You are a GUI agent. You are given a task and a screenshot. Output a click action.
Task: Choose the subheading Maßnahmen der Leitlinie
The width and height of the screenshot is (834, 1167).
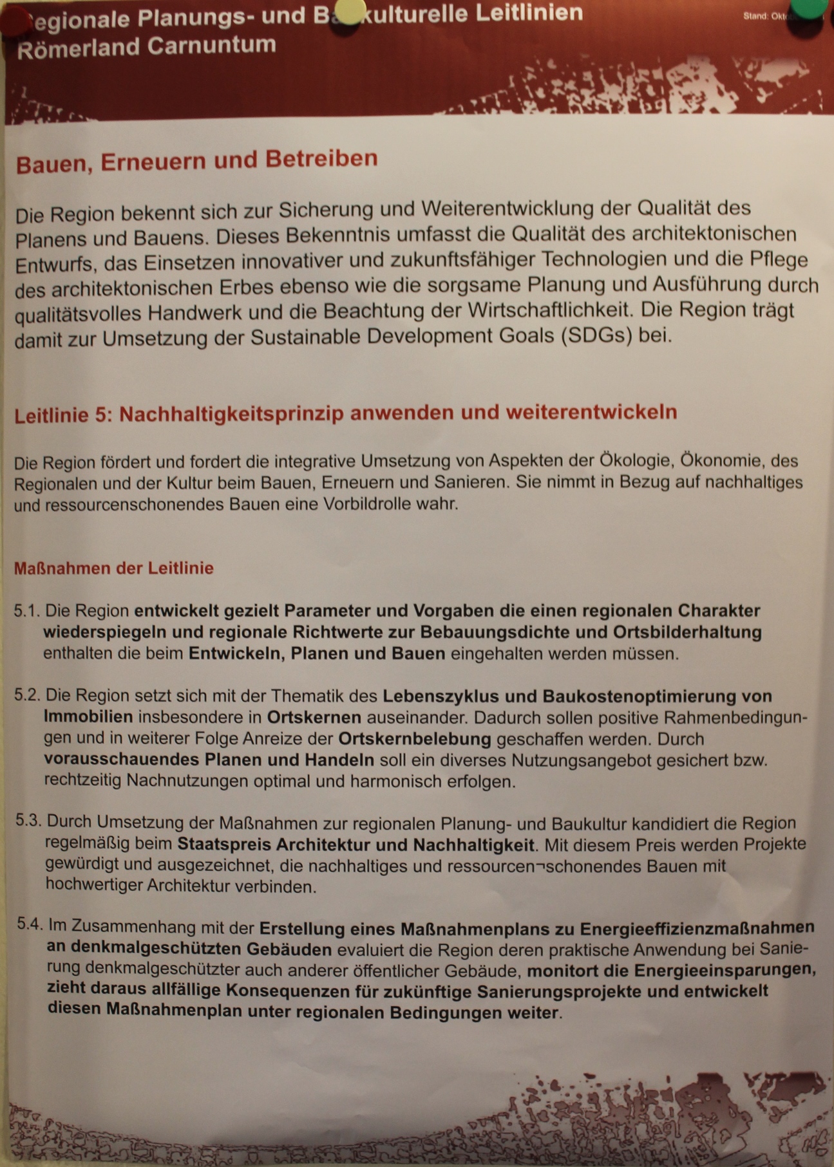point(113,568)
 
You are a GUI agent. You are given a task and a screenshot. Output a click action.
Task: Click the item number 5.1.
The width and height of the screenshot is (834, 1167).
point(27,611)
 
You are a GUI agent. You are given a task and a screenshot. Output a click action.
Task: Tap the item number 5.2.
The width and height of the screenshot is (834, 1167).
point(28,695)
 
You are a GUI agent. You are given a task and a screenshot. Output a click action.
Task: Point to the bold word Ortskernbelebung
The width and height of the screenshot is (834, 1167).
point(415,738)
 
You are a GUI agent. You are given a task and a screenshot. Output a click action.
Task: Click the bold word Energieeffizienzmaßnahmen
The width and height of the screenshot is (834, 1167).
point(697,928)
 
